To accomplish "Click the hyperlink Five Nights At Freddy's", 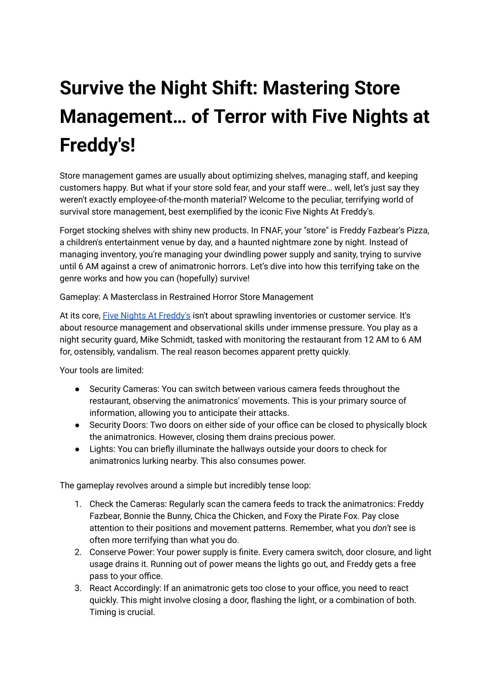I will tap(146, 316).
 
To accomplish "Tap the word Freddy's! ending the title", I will tap(97, 145).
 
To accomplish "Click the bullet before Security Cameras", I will tap(78, 389).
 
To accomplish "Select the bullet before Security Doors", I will tap(78, 425).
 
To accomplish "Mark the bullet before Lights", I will tap(78, 449).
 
